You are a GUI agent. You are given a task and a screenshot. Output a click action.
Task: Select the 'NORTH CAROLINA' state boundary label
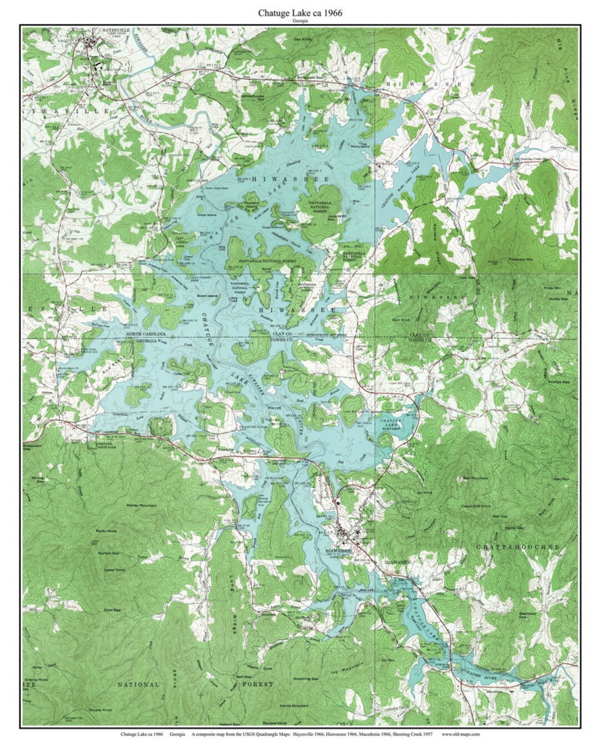click(146, 333)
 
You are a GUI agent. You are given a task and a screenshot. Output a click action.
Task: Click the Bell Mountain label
click(476, 477)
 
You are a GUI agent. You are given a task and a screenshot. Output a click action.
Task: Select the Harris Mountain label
click(294, 706)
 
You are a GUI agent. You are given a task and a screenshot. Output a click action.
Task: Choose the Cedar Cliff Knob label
click(477, 506)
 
